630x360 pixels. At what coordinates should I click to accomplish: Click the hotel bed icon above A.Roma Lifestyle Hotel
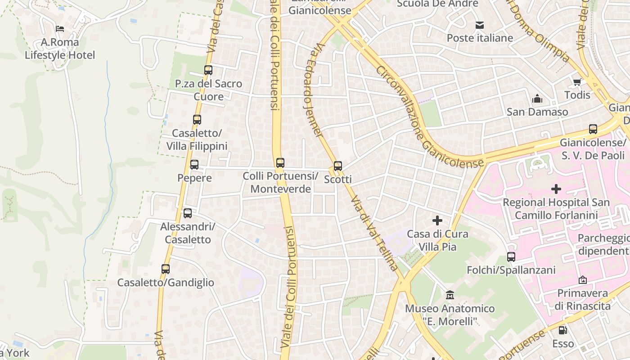point(60,29)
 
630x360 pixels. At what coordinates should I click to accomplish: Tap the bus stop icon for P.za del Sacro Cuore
point(208,70)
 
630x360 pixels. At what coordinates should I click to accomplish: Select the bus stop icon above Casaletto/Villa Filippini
point(197,120)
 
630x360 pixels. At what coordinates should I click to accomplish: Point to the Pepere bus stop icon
point(194,165)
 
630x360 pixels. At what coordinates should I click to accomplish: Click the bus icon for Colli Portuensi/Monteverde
point(280,162)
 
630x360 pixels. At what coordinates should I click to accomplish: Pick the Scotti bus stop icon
point(337,166)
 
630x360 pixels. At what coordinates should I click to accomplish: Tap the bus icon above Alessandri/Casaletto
point(187,213)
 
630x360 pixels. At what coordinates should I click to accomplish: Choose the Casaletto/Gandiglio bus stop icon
point(165,269)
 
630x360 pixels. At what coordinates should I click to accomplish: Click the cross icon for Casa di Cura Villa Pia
point(437,220)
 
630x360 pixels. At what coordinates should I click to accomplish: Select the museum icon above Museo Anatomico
point(450,295)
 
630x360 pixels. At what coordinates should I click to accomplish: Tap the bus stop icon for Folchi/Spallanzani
point(511,257)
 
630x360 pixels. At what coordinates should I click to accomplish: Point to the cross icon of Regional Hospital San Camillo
point(556,189)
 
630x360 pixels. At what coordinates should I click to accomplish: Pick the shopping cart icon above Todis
point(577,82)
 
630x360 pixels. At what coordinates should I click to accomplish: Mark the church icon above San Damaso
point(537,99)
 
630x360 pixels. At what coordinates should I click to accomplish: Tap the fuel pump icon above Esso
point(562,330)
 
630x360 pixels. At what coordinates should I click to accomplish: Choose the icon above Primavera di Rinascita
point(582,280)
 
